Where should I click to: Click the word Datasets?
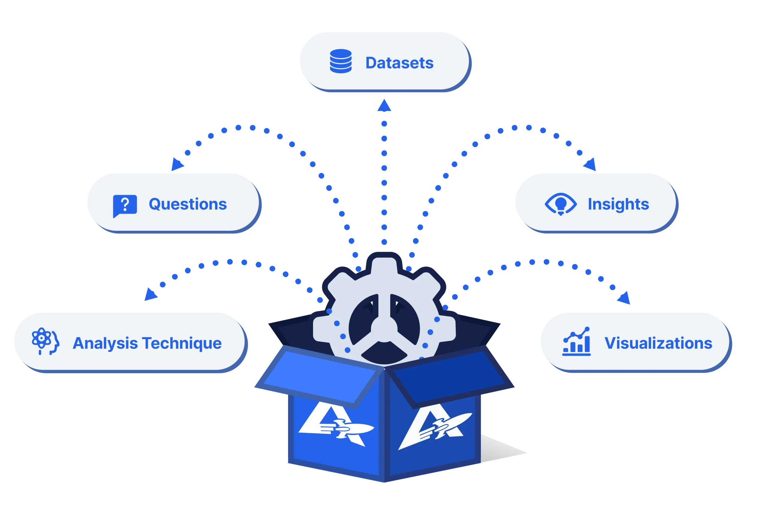(x=399, y=63)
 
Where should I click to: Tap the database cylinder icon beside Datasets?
(x=341, y=61)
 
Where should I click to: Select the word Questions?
(x=187, y=205)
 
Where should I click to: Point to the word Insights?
(x=618, y=205)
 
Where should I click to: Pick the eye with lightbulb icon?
(x=561, y=204)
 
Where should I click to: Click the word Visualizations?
(x=658, y=343)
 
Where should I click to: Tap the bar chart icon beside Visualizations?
(x=576, y=341)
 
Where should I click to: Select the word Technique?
(x=182, y=343)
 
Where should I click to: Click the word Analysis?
(x=105, y=343)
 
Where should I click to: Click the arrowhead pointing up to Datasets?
(x=384, y=107)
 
